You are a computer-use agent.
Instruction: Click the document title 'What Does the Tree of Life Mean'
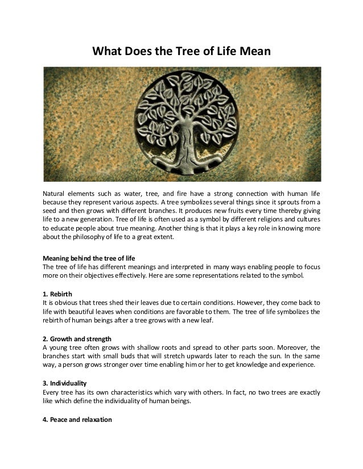(x=181, y=52)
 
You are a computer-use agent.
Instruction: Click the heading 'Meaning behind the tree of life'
(x=89, y=257)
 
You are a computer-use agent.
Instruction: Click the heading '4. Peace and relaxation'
(x=78, y=421)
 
